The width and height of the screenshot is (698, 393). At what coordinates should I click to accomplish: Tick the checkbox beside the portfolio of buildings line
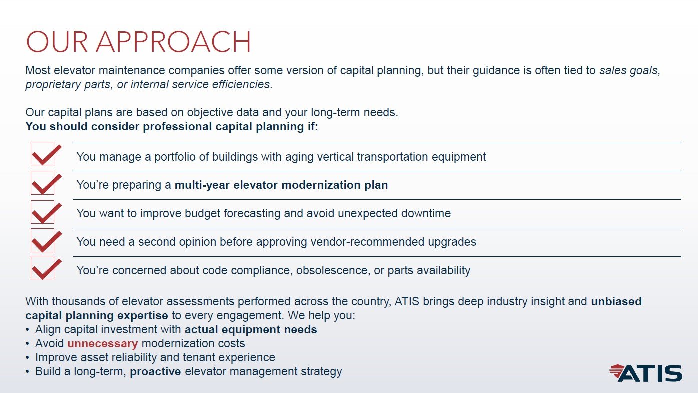(43, 154)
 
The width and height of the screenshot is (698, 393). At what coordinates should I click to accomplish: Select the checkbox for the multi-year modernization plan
(43, 183)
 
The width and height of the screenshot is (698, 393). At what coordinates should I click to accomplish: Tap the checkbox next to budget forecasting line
(43, 212)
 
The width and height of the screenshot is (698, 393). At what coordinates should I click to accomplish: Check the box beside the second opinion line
(43, 240)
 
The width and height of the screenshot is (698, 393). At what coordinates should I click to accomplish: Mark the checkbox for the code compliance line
(43, 268)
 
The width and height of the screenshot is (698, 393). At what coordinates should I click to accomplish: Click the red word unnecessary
(102, 344)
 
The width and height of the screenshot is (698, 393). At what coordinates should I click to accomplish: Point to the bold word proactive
(155, 372)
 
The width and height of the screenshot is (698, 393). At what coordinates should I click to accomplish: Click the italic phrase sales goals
(630, 70)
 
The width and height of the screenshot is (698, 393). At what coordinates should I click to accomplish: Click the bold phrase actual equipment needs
(251, 330)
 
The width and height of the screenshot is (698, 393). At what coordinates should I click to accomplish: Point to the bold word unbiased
(616, 301)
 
